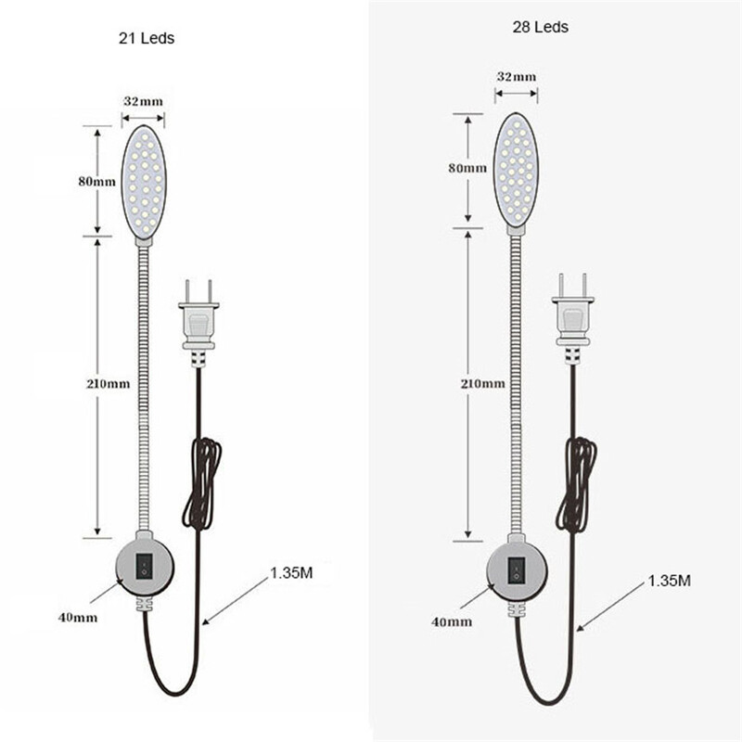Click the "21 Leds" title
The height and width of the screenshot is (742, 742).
click(147, 38)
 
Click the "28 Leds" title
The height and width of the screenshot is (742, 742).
click(541, 27)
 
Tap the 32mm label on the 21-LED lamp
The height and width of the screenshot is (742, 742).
click(143, 101)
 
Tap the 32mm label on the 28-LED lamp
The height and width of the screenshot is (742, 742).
click(517, 77)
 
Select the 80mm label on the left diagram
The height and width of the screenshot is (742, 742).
click(97, 182)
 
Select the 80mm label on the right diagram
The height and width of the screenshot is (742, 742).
click(467, 168)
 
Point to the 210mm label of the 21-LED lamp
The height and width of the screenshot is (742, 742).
click(108, 384)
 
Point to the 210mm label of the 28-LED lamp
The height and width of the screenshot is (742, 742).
click(483, 384)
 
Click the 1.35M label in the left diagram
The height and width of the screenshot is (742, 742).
click(291, 573)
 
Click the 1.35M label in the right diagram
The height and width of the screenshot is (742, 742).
click(669, 581)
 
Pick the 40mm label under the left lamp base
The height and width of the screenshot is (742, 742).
click(78, 618)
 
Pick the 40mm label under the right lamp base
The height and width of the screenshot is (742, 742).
click(452, 621)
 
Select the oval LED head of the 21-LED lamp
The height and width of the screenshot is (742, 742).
click(144, 181)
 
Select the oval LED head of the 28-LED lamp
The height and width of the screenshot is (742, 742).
click(517, 169)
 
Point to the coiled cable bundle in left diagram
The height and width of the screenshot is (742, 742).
click(202, 482)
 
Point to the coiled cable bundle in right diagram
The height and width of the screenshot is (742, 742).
click(576, 484)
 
